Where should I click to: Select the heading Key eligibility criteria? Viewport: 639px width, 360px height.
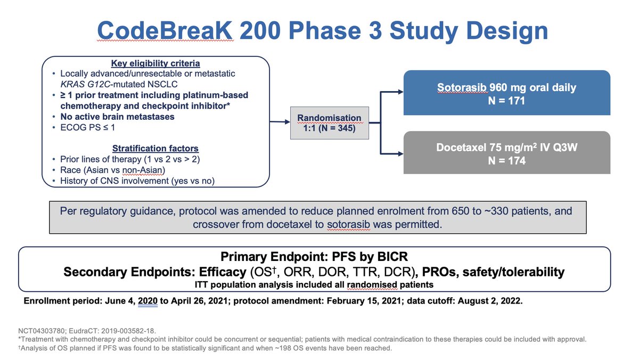pyautogui.click(x=155, y=64)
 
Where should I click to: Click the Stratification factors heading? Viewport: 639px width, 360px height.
pyautogui.click(x=155, y=149)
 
